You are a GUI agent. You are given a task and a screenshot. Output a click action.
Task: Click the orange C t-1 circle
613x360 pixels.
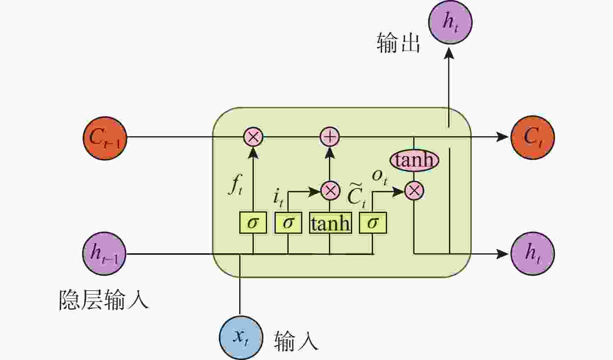coord(105,137)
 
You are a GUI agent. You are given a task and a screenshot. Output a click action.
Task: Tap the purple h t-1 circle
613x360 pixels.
coord(104,253)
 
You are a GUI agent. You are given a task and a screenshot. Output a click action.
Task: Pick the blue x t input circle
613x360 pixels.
coord(241,338)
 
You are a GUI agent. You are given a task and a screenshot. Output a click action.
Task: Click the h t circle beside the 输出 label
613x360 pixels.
coord(450,22)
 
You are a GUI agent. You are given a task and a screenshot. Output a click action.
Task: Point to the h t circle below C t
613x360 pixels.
coord(532,253)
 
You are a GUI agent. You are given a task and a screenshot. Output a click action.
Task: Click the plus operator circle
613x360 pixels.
coord(330,137)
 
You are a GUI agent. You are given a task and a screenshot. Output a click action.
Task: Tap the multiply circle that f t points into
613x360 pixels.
coord(253,137)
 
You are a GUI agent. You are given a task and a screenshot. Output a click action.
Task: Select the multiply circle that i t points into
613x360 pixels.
coord(330,191)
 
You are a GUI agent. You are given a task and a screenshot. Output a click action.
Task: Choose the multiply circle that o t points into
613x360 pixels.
coord(414,191)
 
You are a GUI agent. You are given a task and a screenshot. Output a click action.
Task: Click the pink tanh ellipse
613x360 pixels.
coord(414,160)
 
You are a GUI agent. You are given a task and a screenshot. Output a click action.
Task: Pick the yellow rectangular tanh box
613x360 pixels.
coord(330,223)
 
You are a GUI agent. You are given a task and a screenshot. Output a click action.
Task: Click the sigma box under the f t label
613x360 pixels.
coord(253,223)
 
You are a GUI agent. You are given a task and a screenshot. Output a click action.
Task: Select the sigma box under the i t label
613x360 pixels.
coord(288,223)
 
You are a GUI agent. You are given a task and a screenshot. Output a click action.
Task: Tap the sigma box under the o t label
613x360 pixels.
coord(373,223)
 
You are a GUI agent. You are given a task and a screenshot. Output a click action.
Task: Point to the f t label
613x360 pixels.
coord(235,185)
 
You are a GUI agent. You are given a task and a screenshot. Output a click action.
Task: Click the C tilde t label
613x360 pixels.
coord(357,194)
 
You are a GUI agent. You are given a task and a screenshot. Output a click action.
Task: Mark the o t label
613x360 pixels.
coord(380,176)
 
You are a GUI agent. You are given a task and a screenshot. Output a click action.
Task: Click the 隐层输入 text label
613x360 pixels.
coord(103,299)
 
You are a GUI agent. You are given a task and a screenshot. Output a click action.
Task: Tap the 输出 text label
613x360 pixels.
coord(398,43)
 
